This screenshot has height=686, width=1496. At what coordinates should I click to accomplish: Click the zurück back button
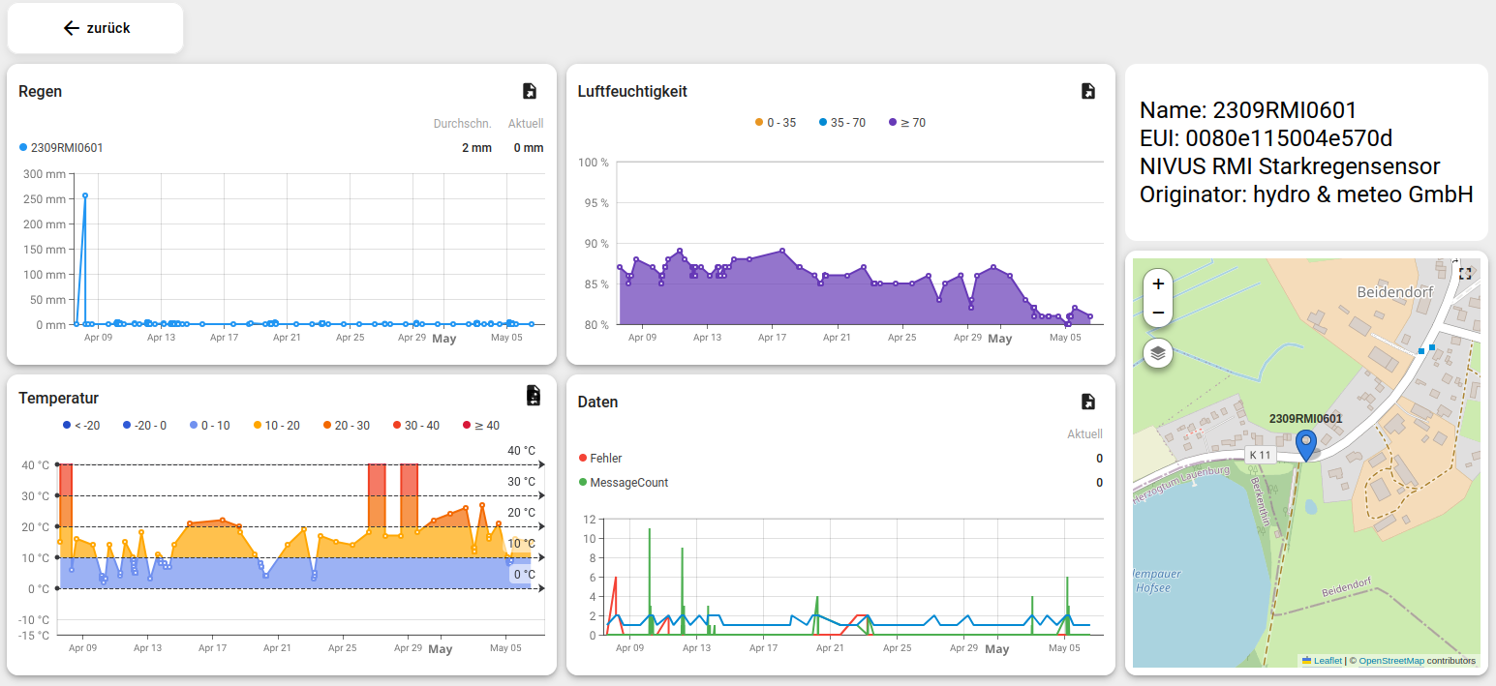pos(96,28)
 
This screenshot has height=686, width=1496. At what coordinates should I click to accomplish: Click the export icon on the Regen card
pos(530,91)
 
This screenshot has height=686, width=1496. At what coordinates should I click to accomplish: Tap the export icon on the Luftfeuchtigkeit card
pos(1088,91)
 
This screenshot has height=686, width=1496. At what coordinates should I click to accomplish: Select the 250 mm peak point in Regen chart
pos(85,195)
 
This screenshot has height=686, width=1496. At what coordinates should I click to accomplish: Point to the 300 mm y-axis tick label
pos(45,174)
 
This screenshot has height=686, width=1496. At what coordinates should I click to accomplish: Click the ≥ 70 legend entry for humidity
pos(907,123)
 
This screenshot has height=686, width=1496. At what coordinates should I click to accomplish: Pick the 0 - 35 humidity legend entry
pos(776,123)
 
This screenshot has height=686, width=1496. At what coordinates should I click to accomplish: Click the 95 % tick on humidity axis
pos(596,203)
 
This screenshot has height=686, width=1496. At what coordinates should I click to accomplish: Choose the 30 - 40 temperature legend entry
pos(416,426)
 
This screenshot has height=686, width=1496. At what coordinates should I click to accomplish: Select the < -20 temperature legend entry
pos(80,426)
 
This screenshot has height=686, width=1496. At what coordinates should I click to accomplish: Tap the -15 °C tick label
pos(33,636)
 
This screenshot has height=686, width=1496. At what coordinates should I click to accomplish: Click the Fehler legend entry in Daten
pos(600,459)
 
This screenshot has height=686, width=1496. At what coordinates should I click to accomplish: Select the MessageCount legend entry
pos(624,483)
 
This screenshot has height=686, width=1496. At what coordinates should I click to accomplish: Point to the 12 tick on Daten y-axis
pos(589,520)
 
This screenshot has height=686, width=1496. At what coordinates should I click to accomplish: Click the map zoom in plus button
pos(1158,284)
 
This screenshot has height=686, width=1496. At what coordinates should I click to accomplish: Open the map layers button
pos(1158,353)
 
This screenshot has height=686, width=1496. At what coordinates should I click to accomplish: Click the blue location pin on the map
pos(1305,444)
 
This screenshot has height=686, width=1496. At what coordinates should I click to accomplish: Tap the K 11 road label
pos(1261,455)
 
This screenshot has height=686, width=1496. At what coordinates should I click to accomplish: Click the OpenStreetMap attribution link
pos(1391,661)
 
